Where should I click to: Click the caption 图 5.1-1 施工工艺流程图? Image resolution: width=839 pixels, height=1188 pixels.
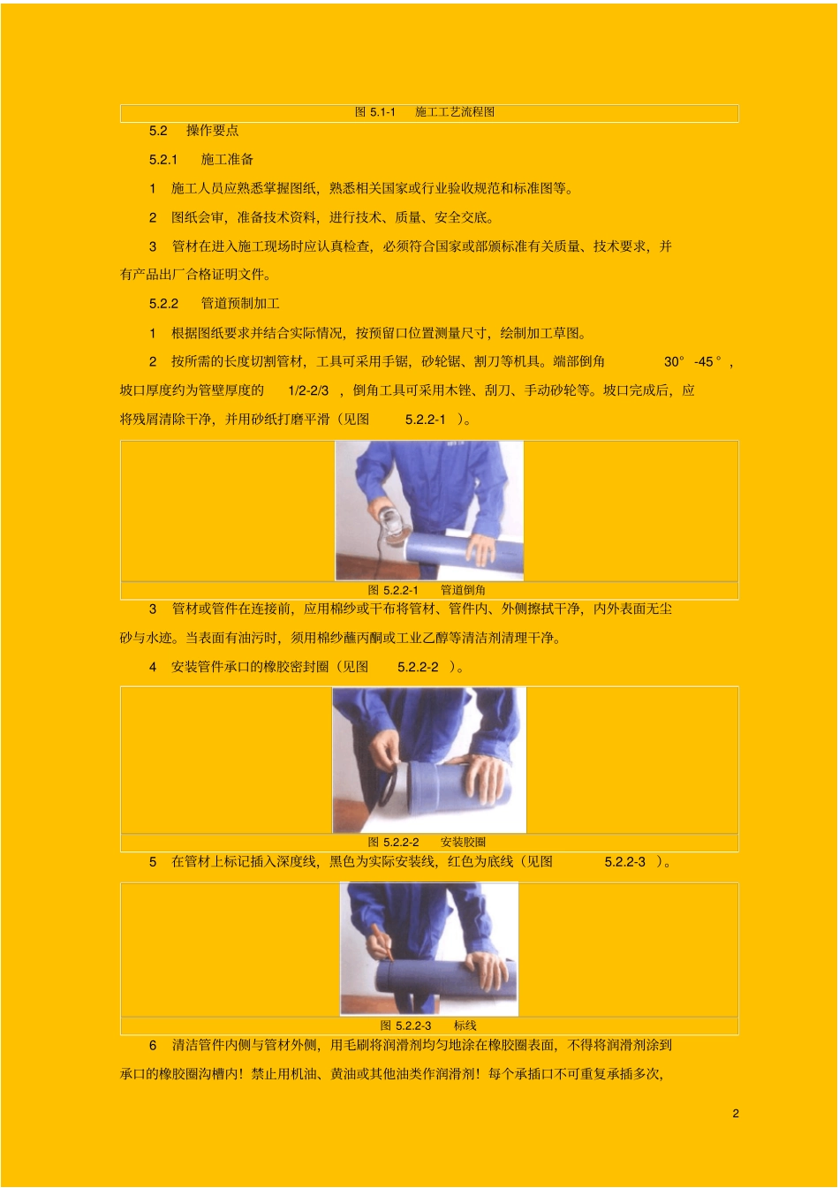424,112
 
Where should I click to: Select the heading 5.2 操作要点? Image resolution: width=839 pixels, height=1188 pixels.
193,131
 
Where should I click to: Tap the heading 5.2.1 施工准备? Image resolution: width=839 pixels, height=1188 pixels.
201,159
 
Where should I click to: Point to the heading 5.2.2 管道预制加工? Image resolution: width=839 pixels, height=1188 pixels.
215,303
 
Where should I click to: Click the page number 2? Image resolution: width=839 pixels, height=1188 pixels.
736,1113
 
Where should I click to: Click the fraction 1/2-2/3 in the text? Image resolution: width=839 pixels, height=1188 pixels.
308,391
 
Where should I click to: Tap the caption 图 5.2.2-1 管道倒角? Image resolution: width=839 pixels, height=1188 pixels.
427,590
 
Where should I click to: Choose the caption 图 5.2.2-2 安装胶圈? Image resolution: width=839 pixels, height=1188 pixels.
427,842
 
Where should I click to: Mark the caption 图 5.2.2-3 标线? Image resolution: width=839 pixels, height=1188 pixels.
428,1025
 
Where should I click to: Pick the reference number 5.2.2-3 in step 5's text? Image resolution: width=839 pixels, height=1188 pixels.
624,862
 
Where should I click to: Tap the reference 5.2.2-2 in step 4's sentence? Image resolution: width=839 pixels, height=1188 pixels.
418,667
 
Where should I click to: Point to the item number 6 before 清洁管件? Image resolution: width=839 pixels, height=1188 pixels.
153,1045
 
